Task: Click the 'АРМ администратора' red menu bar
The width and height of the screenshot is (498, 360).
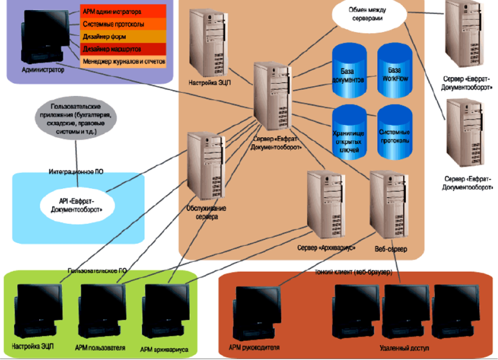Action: (123, 11)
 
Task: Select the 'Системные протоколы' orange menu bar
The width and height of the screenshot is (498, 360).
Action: (123, 24)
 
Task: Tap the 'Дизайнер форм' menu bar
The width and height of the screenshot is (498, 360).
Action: (123, 36)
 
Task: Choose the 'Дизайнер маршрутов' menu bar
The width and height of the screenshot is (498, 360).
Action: (123, 49)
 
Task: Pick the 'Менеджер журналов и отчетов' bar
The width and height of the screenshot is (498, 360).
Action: (123, 61)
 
